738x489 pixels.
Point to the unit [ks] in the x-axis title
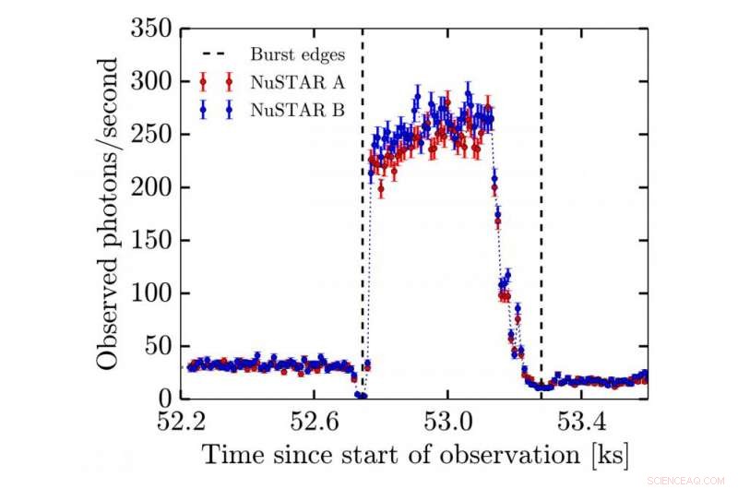tap(606, 454)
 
